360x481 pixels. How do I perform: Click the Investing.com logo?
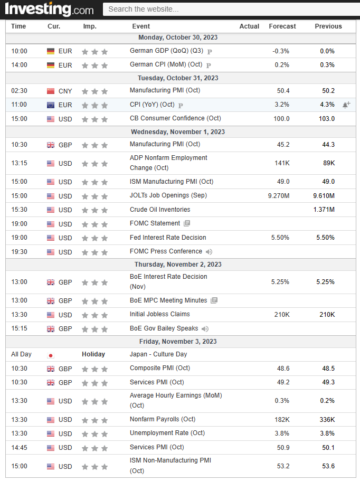coord(49,9)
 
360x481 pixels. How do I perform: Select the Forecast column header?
coord(282,26)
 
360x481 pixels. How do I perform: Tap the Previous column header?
coord(328,26)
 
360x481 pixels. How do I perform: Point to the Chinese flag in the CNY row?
coord(51,91)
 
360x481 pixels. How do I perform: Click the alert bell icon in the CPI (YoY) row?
coord(346,105)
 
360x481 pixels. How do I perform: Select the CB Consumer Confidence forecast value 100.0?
coord(280,118)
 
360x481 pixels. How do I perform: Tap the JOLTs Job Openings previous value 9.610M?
coord(324,196)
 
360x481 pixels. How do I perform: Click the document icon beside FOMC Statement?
coord(187,223)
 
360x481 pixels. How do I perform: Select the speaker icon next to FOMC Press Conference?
coord(209,252)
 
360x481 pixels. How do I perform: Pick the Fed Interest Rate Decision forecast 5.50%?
coord(280,238)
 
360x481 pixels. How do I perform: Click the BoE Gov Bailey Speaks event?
coord(164,328)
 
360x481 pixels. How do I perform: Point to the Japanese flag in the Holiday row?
coord(51,355)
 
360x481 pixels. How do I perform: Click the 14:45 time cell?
coord(19,447)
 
